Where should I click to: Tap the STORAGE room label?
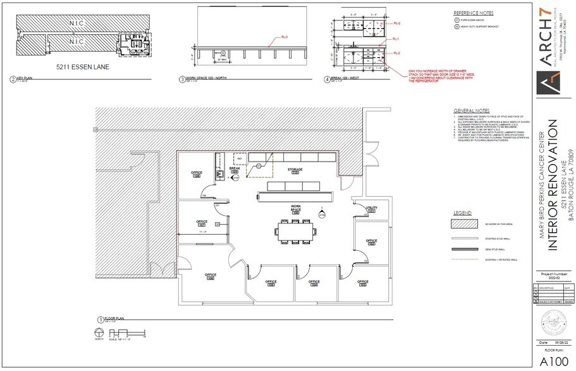295,170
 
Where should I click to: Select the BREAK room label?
234,168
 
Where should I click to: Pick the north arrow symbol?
98,333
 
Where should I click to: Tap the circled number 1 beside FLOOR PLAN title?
100,319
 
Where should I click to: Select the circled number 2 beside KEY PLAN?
12,79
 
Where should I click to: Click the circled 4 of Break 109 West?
327,79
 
